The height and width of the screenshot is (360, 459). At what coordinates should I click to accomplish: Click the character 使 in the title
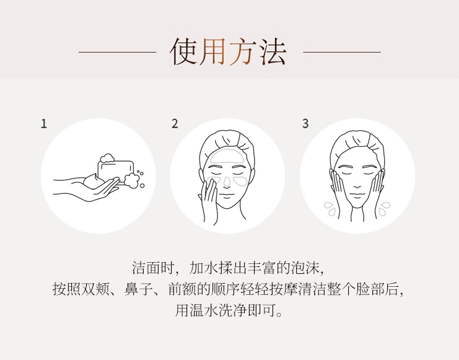tap(184, 52)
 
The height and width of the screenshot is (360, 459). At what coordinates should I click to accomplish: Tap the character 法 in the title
tap(271, 52)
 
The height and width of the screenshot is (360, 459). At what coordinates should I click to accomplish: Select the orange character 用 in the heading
tap(213, 52)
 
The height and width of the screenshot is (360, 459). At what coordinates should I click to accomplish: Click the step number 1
tap(44, 123)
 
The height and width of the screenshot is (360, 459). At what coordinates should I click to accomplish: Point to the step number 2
tap(175, 123)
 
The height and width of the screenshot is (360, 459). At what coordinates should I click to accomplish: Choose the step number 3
tap(305, 123)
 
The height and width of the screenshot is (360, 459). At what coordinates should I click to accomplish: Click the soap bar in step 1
tap(116, 171)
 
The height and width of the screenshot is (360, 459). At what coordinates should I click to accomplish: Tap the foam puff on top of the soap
tap(107, 158)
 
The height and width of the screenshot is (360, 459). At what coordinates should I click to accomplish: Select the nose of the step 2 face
tap(227, 182)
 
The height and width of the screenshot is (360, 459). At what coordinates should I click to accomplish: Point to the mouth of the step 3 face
tap(357, 195)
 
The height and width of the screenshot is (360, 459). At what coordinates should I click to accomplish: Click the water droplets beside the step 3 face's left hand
tap(330, 209)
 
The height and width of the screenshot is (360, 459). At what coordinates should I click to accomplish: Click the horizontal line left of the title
tap(117, 53)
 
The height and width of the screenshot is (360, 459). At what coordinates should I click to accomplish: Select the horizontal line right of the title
tap(342, 53)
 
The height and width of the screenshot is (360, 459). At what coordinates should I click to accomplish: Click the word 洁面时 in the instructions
tap(154, 268)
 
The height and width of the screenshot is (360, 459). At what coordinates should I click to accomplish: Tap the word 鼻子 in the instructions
tap(139, 289)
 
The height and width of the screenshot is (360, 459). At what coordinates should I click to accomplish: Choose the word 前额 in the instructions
tap(182, 289)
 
